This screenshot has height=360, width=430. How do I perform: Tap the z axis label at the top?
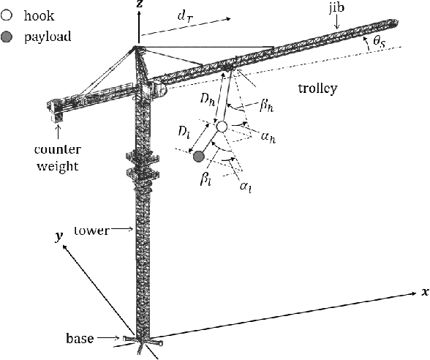pyautogui.click(x=139, y=4)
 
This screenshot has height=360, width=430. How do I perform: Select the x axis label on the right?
pyautogui.click(x=424, y=291)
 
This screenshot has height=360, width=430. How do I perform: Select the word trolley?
pyautogui.click(x=318, y=89)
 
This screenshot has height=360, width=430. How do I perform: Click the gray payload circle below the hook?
pyautogui.click(x=198, y=155)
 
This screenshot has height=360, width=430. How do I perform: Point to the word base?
pyautogui.click(x=80, y=338)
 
